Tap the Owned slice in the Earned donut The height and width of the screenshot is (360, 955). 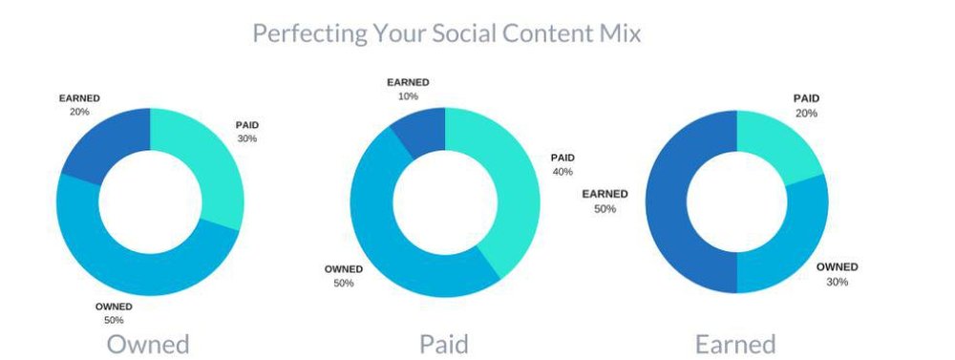792,250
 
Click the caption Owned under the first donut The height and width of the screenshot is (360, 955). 148,344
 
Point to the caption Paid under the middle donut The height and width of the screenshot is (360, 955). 444,344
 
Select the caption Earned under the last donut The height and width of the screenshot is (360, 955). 735,344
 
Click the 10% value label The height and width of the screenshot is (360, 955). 408,96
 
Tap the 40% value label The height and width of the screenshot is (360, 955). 562,172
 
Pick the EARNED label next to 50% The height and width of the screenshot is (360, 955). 605,194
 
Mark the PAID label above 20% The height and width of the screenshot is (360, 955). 806,98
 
